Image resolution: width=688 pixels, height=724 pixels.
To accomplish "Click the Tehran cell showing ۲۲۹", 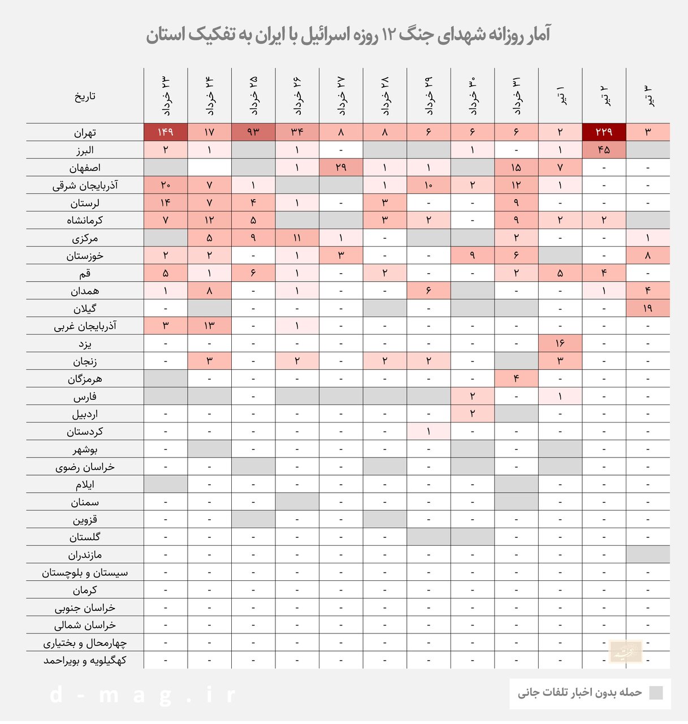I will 604,132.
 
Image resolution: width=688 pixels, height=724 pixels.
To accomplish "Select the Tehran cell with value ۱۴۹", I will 166,132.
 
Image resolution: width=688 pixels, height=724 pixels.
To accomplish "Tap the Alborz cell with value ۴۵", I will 604,150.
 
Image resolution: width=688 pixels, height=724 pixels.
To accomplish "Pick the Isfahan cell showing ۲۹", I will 341,167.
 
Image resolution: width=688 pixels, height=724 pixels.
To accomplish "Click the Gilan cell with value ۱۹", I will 647,308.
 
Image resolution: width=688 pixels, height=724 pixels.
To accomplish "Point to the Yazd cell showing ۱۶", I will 560,343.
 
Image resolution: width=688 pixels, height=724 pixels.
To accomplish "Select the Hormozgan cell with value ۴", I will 516,378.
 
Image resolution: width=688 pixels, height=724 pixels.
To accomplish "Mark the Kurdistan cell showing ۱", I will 429,432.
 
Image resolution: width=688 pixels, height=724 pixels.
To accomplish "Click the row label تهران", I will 85,133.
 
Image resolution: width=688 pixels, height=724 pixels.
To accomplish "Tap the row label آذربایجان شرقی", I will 85,186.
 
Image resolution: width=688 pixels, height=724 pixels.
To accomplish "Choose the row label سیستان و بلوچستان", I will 85,572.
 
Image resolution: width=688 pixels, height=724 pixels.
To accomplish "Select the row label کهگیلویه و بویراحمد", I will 85,660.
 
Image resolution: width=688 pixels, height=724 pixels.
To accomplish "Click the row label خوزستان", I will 85,256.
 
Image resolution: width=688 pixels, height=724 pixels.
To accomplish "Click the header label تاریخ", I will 85,96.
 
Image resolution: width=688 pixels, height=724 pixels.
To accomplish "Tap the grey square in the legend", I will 656,693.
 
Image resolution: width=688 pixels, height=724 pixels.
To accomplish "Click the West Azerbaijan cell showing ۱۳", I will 209,326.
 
